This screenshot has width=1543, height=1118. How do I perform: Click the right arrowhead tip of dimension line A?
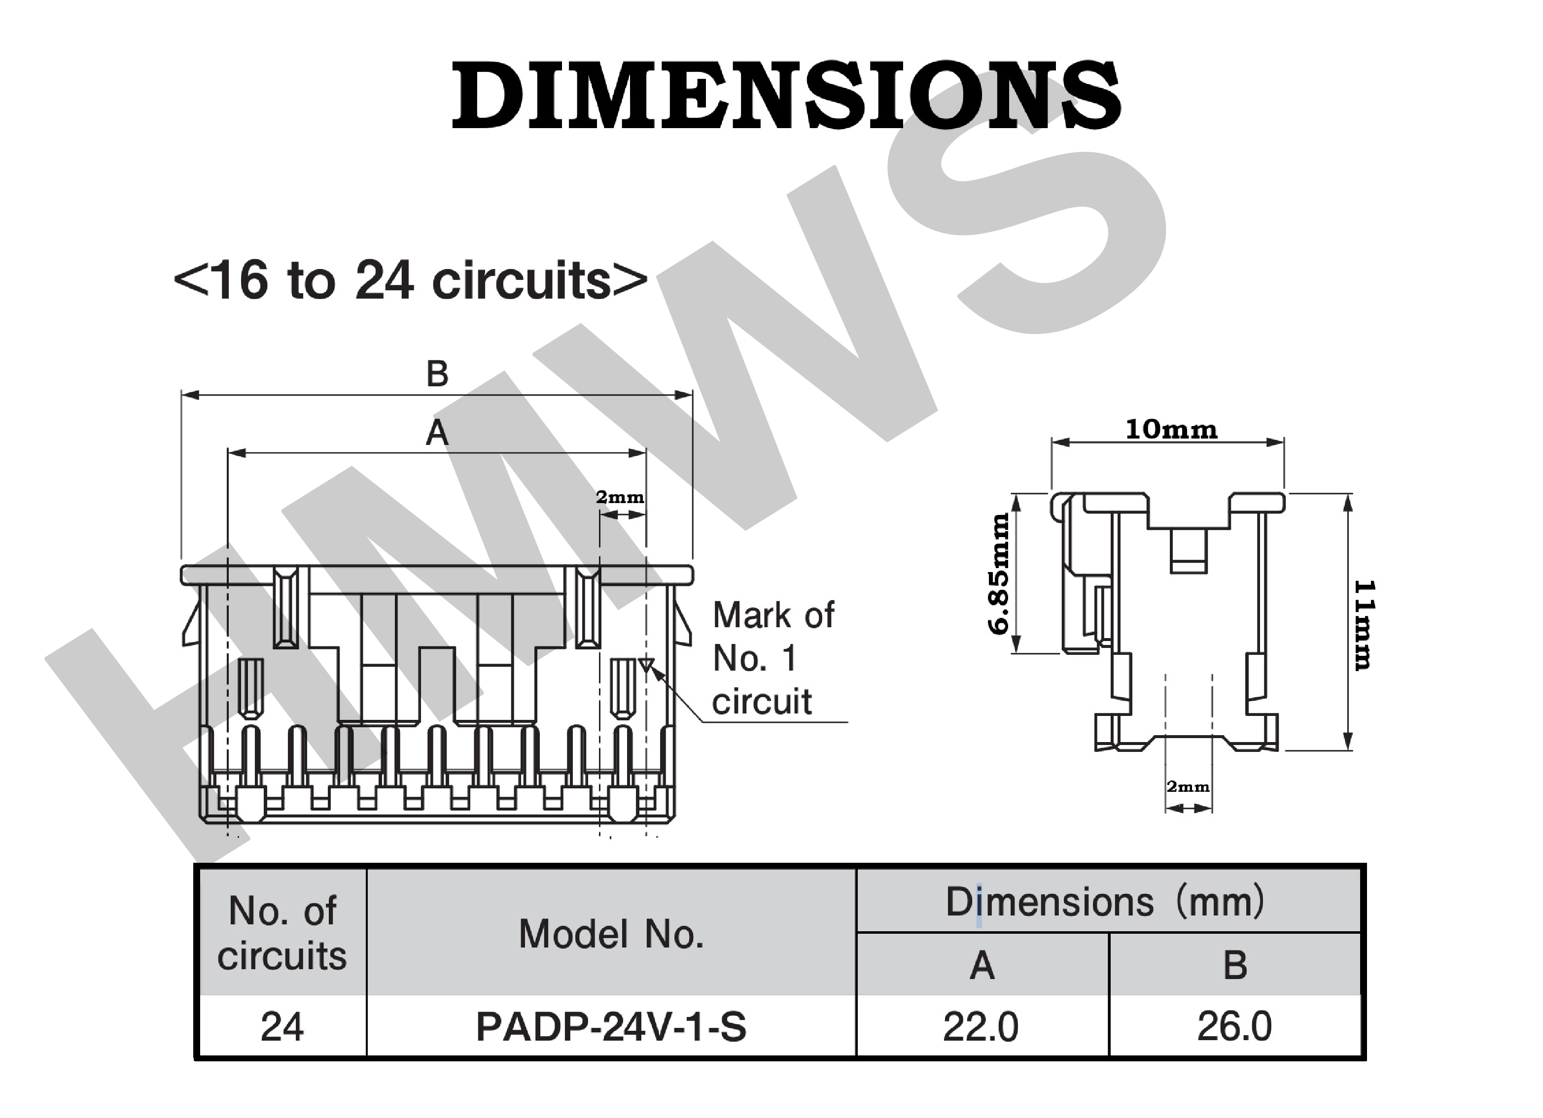646,453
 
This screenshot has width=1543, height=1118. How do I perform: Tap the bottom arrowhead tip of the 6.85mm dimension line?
1017,653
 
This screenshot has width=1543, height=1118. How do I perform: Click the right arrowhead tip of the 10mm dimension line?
1284,442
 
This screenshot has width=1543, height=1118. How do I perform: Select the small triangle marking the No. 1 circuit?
646,664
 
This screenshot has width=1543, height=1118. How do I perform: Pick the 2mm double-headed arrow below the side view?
1189,809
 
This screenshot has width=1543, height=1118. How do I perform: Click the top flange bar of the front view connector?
437,575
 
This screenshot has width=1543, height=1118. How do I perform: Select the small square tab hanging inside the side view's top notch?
1189,551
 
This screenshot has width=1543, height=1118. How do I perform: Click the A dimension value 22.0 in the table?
981,1027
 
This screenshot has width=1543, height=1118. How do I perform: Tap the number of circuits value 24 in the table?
281,1027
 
